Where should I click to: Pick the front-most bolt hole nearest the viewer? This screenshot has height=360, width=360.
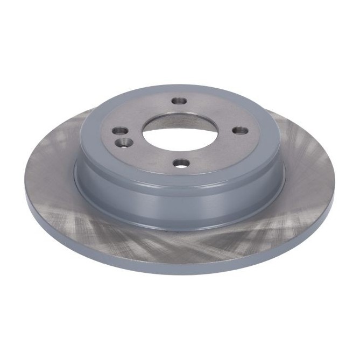pos(180,163)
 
